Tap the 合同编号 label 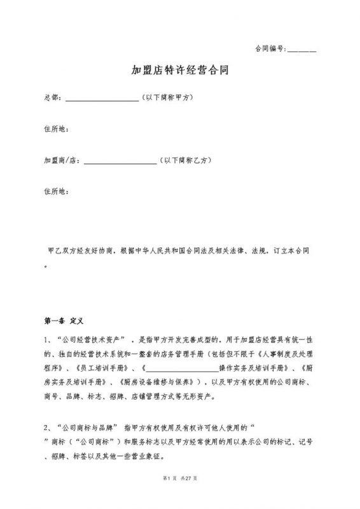click(x=270, y=49)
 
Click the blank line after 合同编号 click(x=302, y=50)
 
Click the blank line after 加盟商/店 click(x=120, y=162)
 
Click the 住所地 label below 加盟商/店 click(x=55, y=191)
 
